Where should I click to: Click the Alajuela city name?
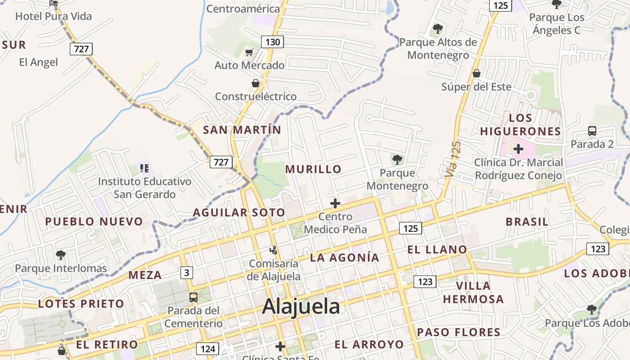point(301,306)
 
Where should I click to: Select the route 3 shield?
point(187,272)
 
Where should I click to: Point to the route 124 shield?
point(207,349)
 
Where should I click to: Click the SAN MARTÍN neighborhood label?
point(242,130)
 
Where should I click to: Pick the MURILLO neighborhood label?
point(314,169)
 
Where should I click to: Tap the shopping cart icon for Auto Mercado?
point(249,53)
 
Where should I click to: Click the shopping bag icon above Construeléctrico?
point(256,84)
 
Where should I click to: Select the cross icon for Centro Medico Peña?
point(335,203)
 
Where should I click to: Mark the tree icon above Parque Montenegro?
point(397,159)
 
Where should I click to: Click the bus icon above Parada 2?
point(592,131)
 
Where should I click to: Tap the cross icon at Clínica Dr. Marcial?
point(518,149)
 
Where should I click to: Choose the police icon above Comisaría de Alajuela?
point(273,250)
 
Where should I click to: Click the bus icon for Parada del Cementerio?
point(193,297)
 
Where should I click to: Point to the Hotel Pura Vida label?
point(54,17)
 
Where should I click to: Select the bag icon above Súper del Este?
point(476,73)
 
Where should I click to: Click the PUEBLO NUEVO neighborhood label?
point(94,221)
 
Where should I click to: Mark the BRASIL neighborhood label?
point(527,222)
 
